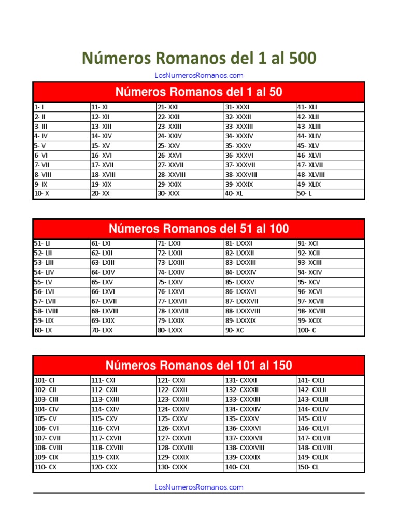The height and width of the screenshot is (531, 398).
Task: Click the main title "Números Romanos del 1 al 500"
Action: click(198, 59)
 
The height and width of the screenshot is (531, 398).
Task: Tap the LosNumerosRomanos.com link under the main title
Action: click(198, 76)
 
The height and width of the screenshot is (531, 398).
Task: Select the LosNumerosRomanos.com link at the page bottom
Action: click(198, 487)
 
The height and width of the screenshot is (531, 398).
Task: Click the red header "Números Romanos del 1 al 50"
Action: click(198, 92)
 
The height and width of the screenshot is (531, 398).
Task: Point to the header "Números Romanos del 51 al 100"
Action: click(198, 229)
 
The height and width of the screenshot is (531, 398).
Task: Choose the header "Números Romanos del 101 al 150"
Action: click(198, 366)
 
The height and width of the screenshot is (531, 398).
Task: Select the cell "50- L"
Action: click(303, 194)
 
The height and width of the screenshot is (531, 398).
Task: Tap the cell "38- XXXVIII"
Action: click(241, 175)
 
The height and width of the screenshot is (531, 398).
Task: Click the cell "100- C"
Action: click(307, 330)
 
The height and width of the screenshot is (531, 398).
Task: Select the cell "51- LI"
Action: click(42, 243)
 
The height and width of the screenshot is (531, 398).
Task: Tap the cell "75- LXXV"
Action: click(170, 282)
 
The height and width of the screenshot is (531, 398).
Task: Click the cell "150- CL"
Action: click(308, 467)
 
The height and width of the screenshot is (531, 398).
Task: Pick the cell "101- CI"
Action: click(44, 380)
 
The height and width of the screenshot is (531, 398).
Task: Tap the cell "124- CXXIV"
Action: click(173, 409)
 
